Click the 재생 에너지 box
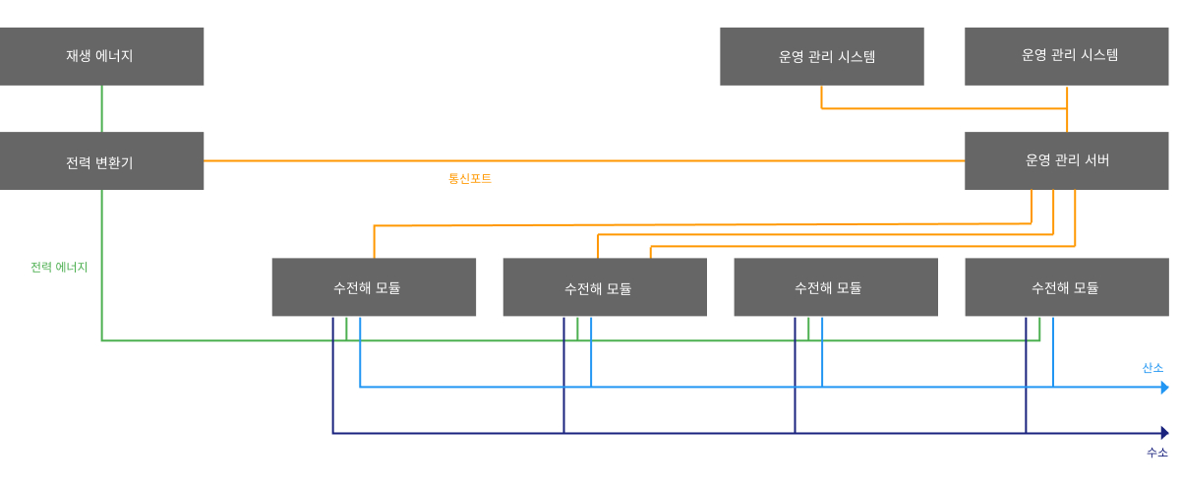click(x=101, y=56)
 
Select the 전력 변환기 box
click(x=101, y=160)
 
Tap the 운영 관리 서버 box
click(x=1067, y=160)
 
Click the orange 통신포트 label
click(x=470, y=179)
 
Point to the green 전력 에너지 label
click(x=59, y=267)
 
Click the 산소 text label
click(x=1152, y=368)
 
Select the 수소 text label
click(x=1156, y=453)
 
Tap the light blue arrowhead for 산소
click(x=1164, y=388)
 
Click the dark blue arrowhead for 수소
click(x=1164, y=433)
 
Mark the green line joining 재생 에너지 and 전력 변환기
click(x=101, y=108)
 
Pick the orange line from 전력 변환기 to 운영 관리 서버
click(x=590, y=160)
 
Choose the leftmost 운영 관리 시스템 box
click(x=821, y=56)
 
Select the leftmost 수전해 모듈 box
click(x=374, y=287)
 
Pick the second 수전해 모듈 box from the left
click(x=605, y=287)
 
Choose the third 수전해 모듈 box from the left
click(x=836, y=287)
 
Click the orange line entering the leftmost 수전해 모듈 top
click(x=375, y=242)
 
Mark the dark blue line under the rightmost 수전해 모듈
click(x=1026, y=374)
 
